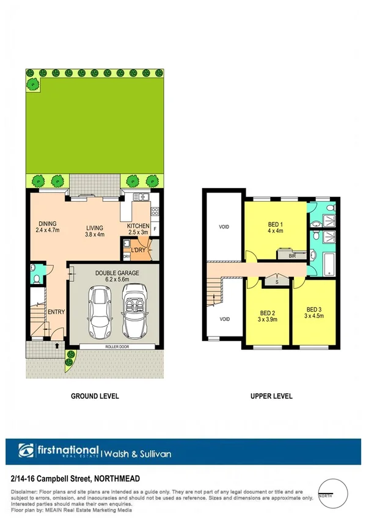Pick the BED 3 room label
314,308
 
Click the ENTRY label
56,312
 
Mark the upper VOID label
224,227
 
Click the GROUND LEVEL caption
95,396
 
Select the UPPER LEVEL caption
271,396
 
